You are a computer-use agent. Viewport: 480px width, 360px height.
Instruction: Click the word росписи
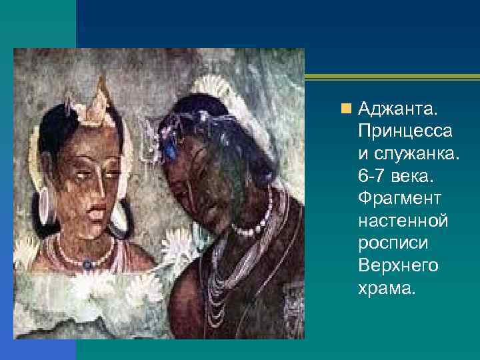pyautogui.click(x=391, y=243)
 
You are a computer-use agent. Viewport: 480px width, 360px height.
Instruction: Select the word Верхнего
pyautogui.click(x=398, y=265)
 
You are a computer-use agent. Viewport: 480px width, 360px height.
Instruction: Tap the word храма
pyautogui.click(x=386, y=288)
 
